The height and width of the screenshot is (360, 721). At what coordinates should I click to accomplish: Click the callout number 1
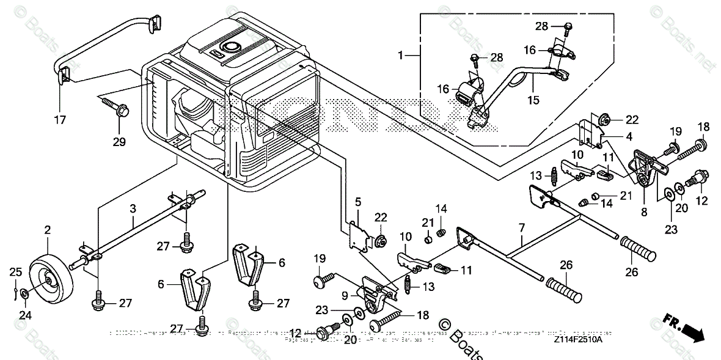[400, 56]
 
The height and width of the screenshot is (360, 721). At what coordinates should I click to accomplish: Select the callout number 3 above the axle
[132, 208]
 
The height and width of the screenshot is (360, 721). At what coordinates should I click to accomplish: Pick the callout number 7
[521, 228]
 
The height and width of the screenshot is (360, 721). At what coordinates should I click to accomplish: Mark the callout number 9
[345, 295]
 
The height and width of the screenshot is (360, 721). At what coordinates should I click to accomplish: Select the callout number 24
[24, 315]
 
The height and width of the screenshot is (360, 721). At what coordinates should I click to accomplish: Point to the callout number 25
[15, 271]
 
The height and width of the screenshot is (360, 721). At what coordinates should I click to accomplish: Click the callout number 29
[119, 142]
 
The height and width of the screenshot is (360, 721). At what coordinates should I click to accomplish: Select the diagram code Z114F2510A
[578, 339]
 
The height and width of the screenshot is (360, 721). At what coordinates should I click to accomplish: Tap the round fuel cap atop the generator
[232, 47]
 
